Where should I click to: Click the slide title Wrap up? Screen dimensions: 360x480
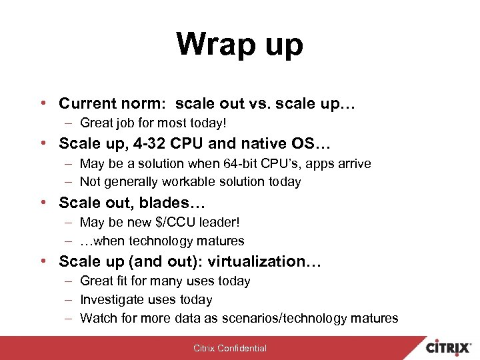[x=239, y=45]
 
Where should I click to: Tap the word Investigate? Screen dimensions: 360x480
[x=111, y=300]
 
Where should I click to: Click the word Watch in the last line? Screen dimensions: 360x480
[x=98, y=318]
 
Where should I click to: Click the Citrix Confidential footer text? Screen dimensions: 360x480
[x=230, y=348]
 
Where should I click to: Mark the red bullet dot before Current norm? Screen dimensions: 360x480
[x=43, y=104]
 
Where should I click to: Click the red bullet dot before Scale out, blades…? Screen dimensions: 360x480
[x=43, y=202]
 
